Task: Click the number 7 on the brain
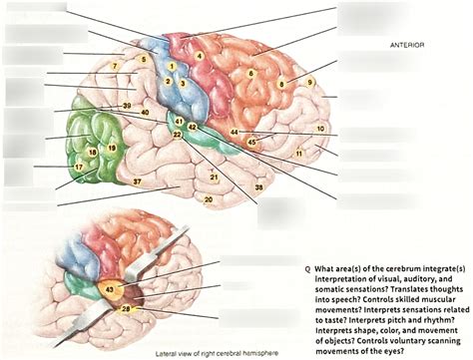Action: pos(115,65)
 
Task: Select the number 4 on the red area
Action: pos(200,56)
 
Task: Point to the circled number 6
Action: pos(251,73)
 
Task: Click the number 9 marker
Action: pos(309,82)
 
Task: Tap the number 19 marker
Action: pos(111,148)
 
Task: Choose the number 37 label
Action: pos(138,181)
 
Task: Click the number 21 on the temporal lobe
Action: pos(213,177)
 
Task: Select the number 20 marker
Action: pos(208,199)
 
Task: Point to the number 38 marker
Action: pos(259,187)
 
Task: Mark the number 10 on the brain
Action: pos(320,128)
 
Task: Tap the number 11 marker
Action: pos(299,154)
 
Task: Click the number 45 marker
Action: pos(252,144)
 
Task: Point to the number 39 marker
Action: pos(127,106)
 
